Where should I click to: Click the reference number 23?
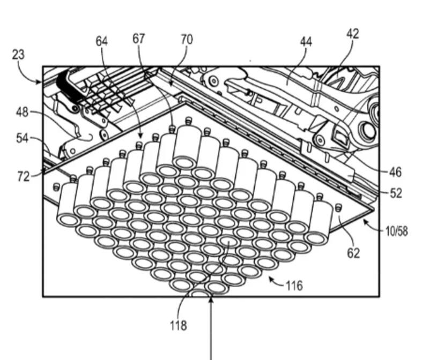18,55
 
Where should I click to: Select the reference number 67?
139,39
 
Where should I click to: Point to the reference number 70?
187,40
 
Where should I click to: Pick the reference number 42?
352,34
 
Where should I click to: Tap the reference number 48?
22,113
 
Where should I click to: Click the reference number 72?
23,176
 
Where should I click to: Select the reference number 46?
396,172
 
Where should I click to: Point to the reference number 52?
396,193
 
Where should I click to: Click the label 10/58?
396,231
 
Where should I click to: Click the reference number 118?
179,325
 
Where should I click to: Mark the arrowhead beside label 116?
270,280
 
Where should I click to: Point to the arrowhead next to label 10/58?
367,222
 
